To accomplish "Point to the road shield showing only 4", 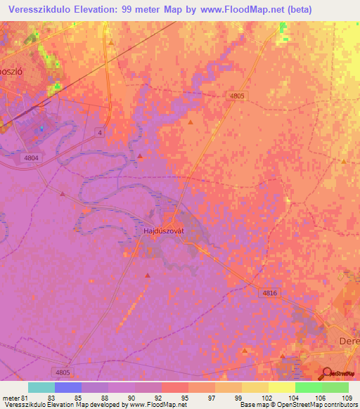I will tap(101, 132).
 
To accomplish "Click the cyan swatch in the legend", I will tap(41, 387).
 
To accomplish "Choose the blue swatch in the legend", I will tap(68, 387).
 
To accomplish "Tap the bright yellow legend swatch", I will tap(281, 387).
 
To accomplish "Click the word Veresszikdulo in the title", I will tap(43, 9).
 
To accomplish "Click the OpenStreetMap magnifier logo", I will tap(326, 373).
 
